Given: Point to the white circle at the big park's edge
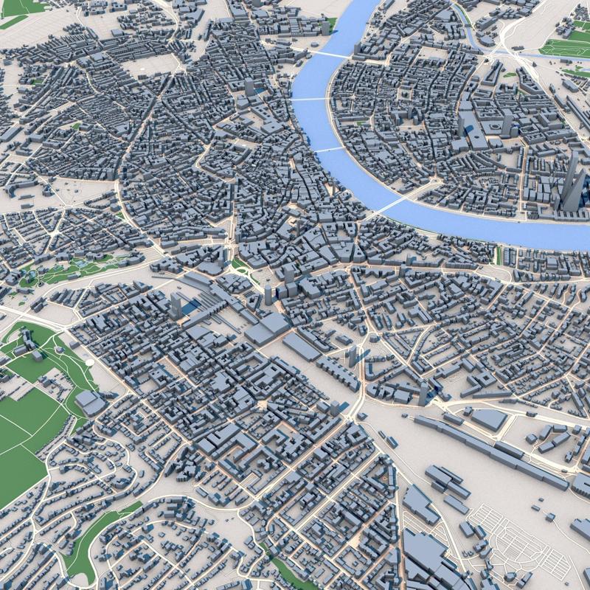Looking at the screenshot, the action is coord(89,362).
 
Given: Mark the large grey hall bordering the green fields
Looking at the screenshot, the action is coord(91,401).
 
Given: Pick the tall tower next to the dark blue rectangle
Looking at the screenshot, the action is coord(176,305).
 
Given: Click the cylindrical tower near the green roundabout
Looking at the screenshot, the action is coord(268,294).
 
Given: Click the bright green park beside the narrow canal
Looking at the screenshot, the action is coord(564,49).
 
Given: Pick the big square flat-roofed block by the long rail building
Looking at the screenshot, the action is coord(488,419).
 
